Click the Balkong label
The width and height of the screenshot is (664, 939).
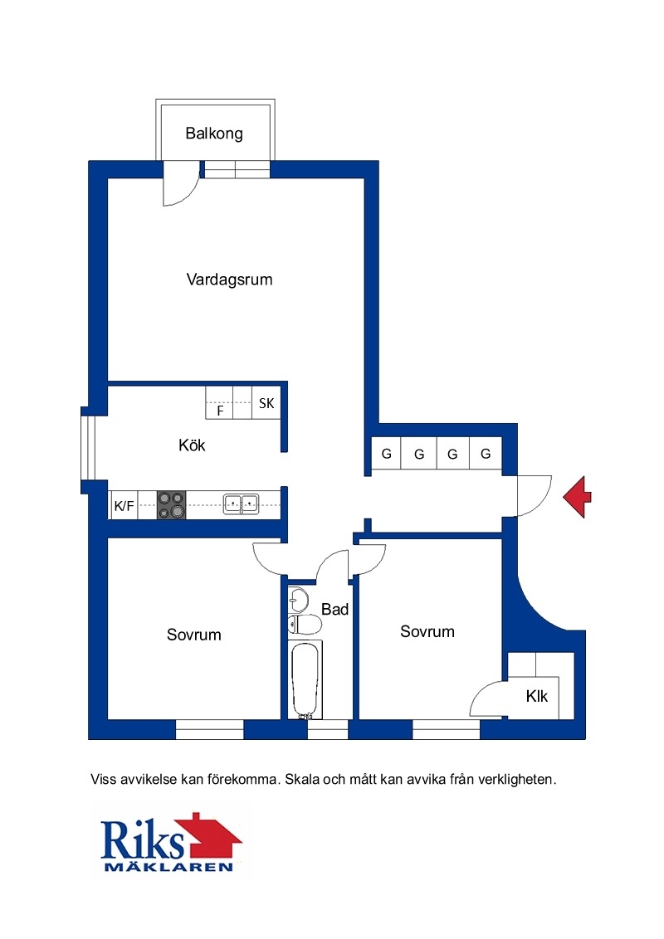(x=214, y=134)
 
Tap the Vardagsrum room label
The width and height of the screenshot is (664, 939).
(x=230, y=280)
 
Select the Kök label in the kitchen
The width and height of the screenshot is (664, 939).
(x=192, y=445)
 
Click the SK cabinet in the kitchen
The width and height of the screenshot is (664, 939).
(x=266, y=402)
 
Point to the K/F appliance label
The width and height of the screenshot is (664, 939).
(x=124, y=506)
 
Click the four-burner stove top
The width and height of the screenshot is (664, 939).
(x=171, y=505)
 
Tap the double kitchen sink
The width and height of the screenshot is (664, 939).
(x=241, y=504)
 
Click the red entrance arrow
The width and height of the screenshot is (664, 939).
(x=577, y=496)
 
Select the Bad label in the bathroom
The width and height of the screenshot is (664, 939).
(x=335, y=610)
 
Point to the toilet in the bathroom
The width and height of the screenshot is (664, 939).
(x=305, y=625)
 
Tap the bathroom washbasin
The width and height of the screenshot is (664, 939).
(x=298, y=599)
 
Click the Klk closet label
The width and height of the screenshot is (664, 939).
(x=537, y=697)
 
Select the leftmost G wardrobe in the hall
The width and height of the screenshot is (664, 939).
(x=387, y=454)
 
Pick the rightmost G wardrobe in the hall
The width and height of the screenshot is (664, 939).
(x=486, y=454)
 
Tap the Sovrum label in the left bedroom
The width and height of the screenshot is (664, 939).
(x=194, y=635)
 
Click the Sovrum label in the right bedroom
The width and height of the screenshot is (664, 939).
(x=427, y=632)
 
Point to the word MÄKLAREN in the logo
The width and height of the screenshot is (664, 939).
(x=168, y=867)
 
